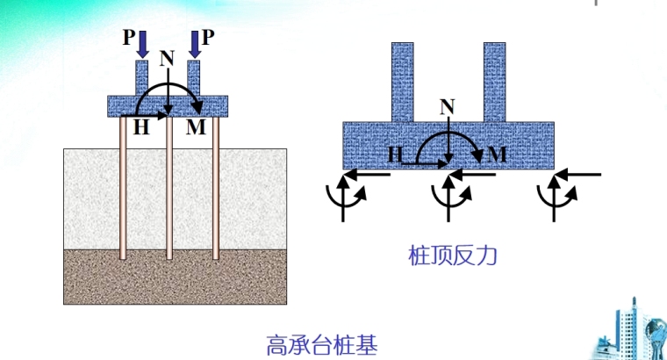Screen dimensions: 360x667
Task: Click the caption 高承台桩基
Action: point(321,342)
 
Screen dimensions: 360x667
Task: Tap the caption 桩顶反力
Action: point(448,256)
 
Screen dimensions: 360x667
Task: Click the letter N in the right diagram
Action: point(448,107)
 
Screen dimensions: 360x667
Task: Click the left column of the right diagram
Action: point(402,82)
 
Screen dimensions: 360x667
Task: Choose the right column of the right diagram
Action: point(495,82)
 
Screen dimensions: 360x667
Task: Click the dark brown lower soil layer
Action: point(176,276)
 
